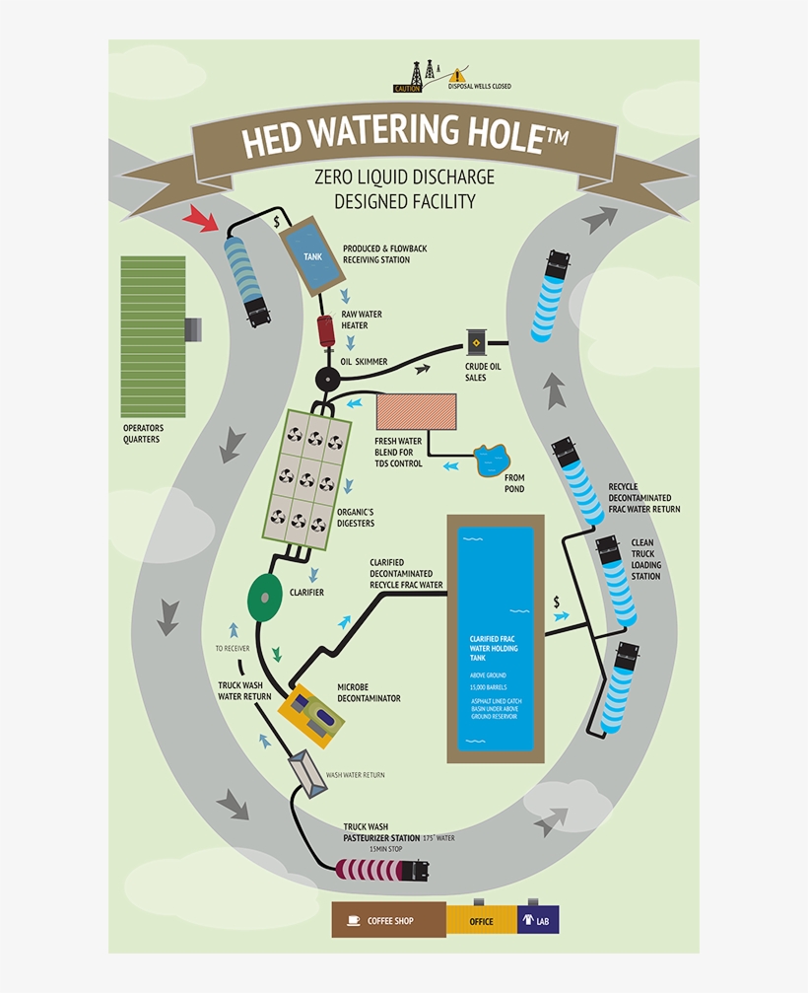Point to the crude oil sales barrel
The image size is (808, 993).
pyautogui.click(x=478, y=342)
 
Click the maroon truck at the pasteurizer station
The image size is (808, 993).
pyautogui.click(x=385, y=870)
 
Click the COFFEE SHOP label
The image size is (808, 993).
pyautogui.click(x=389, y=921)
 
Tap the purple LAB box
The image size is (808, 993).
pyautogui.click(x=538, y=920)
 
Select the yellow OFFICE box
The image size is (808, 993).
pyautogui.click(x=481, y=921)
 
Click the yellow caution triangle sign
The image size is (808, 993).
pyautogui.click(x=455, y=76)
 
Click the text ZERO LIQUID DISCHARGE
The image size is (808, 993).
pyautogui.click(x=404, y=177)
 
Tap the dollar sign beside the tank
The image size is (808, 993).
pyautogui.click(x=277, y=221)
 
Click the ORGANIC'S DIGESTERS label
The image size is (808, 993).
pyautogui.click(x=356, y=518)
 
